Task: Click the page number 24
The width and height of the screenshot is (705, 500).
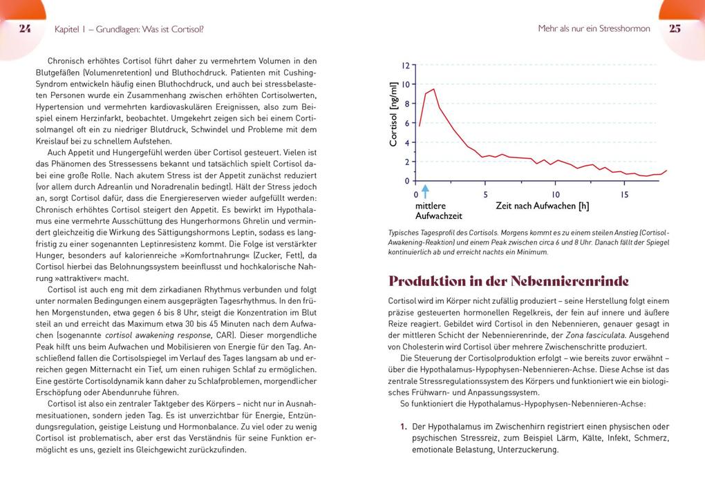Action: [x=25, y=28]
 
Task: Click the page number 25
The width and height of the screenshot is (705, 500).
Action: [x=675, y=28]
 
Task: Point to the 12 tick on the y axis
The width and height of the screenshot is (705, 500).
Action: [x=406, y=65]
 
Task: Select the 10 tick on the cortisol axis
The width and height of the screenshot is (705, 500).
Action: [x=406, y=84]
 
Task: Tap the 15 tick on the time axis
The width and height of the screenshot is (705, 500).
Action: [x=624, y=195]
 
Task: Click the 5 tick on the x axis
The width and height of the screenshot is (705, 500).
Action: [x=486, y=195]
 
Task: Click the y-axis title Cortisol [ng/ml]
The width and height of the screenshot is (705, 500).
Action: [x=393, y=114]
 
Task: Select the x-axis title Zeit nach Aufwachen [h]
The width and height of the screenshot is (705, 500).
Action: [x=542, y=206]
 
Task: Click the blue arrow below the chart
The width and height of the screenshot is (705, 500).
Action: [x=425, y=191]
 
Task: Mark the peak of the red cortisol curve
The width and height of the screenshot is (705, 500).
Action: [x=433, y=89]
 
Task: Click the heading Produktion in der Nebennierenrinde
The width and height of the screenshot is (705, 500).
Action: [x=509, y=281]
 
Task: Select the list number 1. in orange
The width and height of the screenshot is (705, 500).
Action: [x=404, y=427]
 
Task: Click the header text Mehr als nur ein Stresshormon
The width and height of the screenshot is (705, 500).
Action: [x=594, y=29]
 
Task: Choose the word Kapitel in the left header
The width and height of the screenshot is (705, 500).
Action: [x=68, y=29]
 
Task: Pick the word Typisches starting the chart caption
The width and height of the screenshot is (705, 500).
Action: [x=404, y=233]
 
